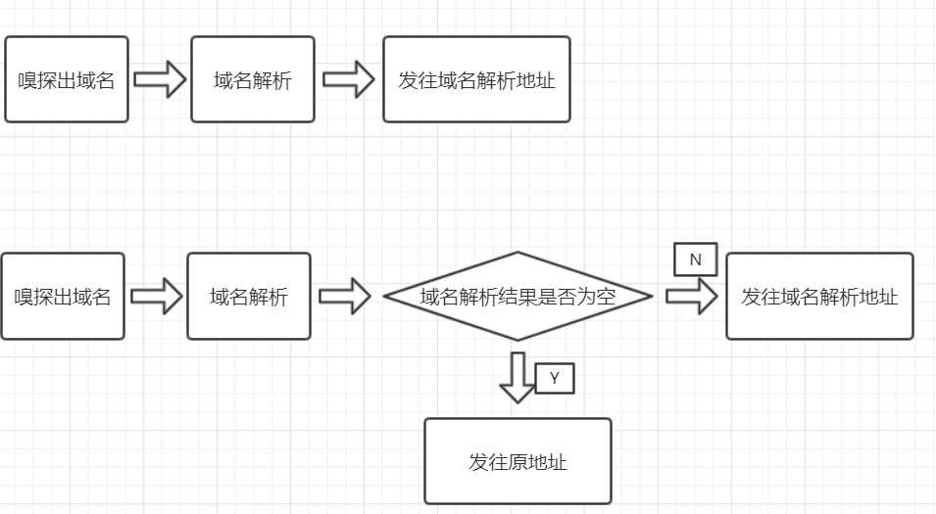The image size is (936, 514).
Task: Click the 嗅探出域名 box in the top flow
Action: click(x=67, y=79)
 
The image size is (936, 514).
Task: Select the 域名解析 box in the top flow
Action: click(x=253, y=79)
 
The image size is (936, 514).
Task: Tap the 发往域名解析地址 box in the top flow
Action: click(x=476, y=79)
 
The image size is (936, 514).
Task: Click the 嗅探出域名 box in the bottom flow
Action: click(x=63, y=296)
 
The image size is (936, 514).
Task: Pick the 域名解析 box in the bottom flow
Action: click(x=249, y=296)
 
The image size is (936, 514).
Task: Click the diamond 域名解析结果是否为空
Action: click(x=517, y=296)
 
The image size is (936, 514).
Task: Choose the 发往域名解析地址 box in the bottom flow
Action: click(x=819, y=296)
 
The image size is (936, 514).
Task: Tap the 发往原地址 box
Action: click(x=517, y=461)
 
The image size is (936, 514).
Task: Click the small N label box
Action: click(x=696, y=259)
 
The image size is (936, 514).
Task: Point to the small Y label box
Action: click(x=555, y=378)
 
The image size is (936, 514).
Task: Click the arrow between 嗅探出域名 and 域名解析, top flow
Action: click(x=160, y=79)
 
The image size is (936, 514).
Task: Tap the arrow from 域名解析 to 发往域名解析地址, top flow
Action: click(x=349, y=79)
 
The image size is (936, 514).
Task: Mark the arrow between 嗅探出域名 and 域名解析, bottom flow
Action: click(x=157, y=296)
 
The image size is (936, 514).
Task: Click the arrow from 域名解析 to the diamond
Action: click(x=345, y=296)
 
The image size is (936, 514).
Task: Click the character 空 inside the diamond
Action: click(x=606, y=297)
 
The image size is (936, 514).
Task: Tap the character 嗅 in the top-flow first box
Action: click(x=28, y=80)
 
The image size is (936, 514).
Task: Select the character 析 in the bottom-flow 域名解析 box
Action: click(x=278, y=297)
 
